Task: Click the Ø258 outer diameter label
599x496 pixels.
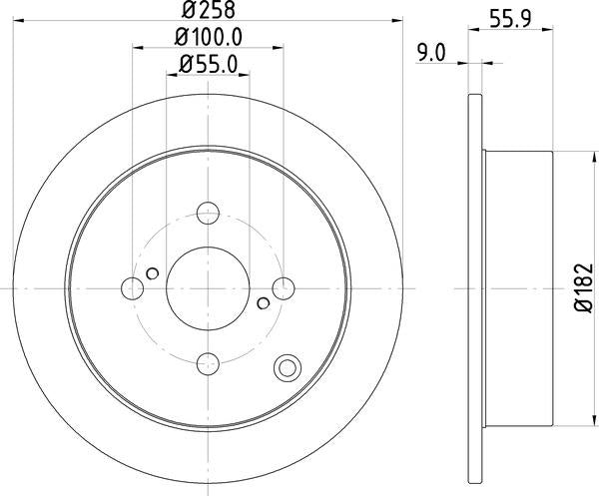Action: (208, 13)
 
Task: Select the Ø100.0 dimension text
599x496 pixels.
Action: (209, 39)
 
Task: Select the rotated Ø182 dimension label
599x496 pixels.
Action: (582, 288)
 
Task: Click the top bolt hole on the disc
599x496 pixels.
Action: (208, 213)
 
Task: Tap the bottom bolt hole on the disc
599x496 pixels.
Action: (208, 363)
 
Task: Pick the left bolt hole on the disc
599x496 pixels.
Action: (132, 288)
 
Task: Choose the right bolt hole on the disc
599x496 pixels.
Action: (284, 288)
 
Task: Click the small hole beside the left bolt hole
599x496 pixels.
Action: (152, 273)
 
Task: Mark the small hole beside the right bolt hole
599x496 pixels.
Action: (264, 302)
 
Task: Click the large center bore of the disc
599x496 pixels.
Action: (208, 288)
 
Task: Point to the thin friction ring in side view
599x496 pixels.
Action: (475, 288)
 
